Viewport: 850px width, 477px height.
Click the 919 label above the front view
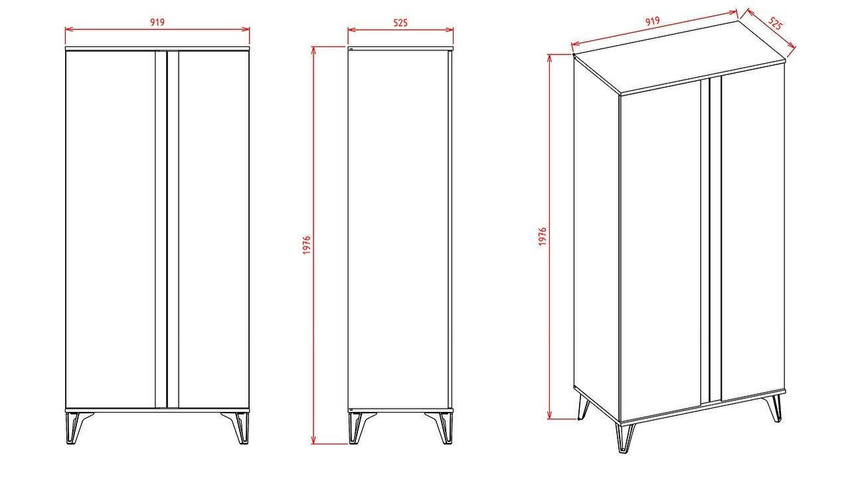tap(157, 23)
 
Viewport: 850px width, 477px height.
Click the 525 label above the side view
tap(400, 23)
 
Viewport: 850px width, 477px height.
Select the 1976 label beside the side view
tap(307, 245)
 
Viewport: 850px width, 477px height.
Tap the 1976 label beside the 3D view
tap(543, 237)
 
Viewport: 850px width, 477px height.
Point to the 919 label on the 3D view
tap(653, 21)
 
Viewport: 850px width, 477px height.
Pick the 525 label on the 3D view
tap(775, 23)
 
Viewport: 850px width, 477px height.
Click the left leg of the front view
tap(78, 428)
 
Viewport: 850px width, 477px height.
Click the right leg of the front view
tap(237, 428)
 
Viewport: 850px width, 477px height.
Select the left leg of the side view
tap(361, 428)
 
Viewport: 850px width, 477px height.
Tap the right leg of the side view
tap(441, 428)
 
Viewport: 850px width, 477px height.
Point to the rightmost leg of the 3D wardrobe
tap(774, 408)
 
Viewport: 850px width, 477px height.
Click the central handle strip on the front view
tap(167, 230)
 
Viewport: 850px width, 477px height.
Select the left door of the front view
tap(110, 230)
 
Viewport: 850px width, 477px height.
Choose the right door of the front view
tap(214, 230)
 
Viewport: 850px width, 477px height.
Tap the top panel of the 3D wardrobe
tap(679, 57)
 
